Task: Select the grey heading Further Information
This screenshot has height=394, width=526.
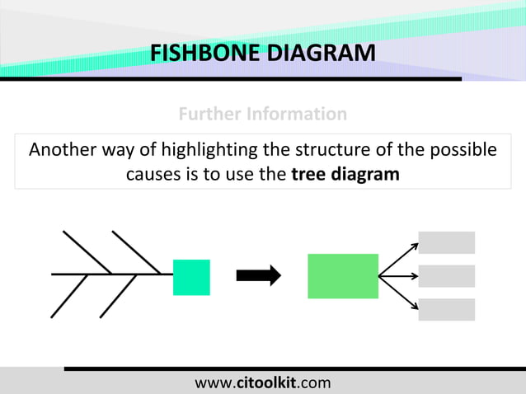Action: click(262, 114)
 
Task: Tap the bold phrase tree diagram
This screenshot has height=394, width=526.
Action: click(346, 175)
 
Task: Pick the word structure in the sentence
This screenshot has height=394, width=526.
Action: click(320, 151)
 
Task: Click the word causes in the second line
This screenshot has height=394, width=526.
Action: click(153, 175)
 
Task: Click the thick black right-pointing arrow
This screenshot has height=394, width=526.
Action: click(258, 276)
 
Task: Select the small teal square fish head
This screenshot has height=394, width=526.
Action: click(191, 277)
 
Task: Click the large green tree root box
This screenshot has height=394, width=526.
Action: click(343, 276)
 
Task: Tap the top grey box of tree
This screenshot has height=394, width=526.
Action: click(447, 242)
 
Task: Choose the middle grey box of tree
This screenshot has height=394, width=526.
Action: click(447, 276)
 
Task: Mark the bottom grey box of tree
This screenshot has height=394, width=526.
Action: click(447, 309)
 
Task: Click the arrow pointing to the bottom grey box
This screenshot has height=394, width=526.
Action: click(398, 293)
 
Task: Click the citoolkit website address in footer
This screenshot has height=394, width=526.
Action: click(262, 382)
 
